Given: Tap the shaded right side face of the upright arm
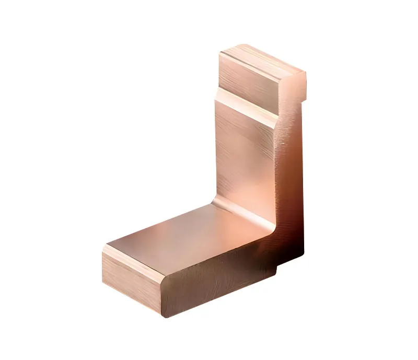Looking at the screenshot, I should coord(290,172).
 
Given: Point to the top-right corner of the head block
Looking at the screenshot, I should coord(304,73).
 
